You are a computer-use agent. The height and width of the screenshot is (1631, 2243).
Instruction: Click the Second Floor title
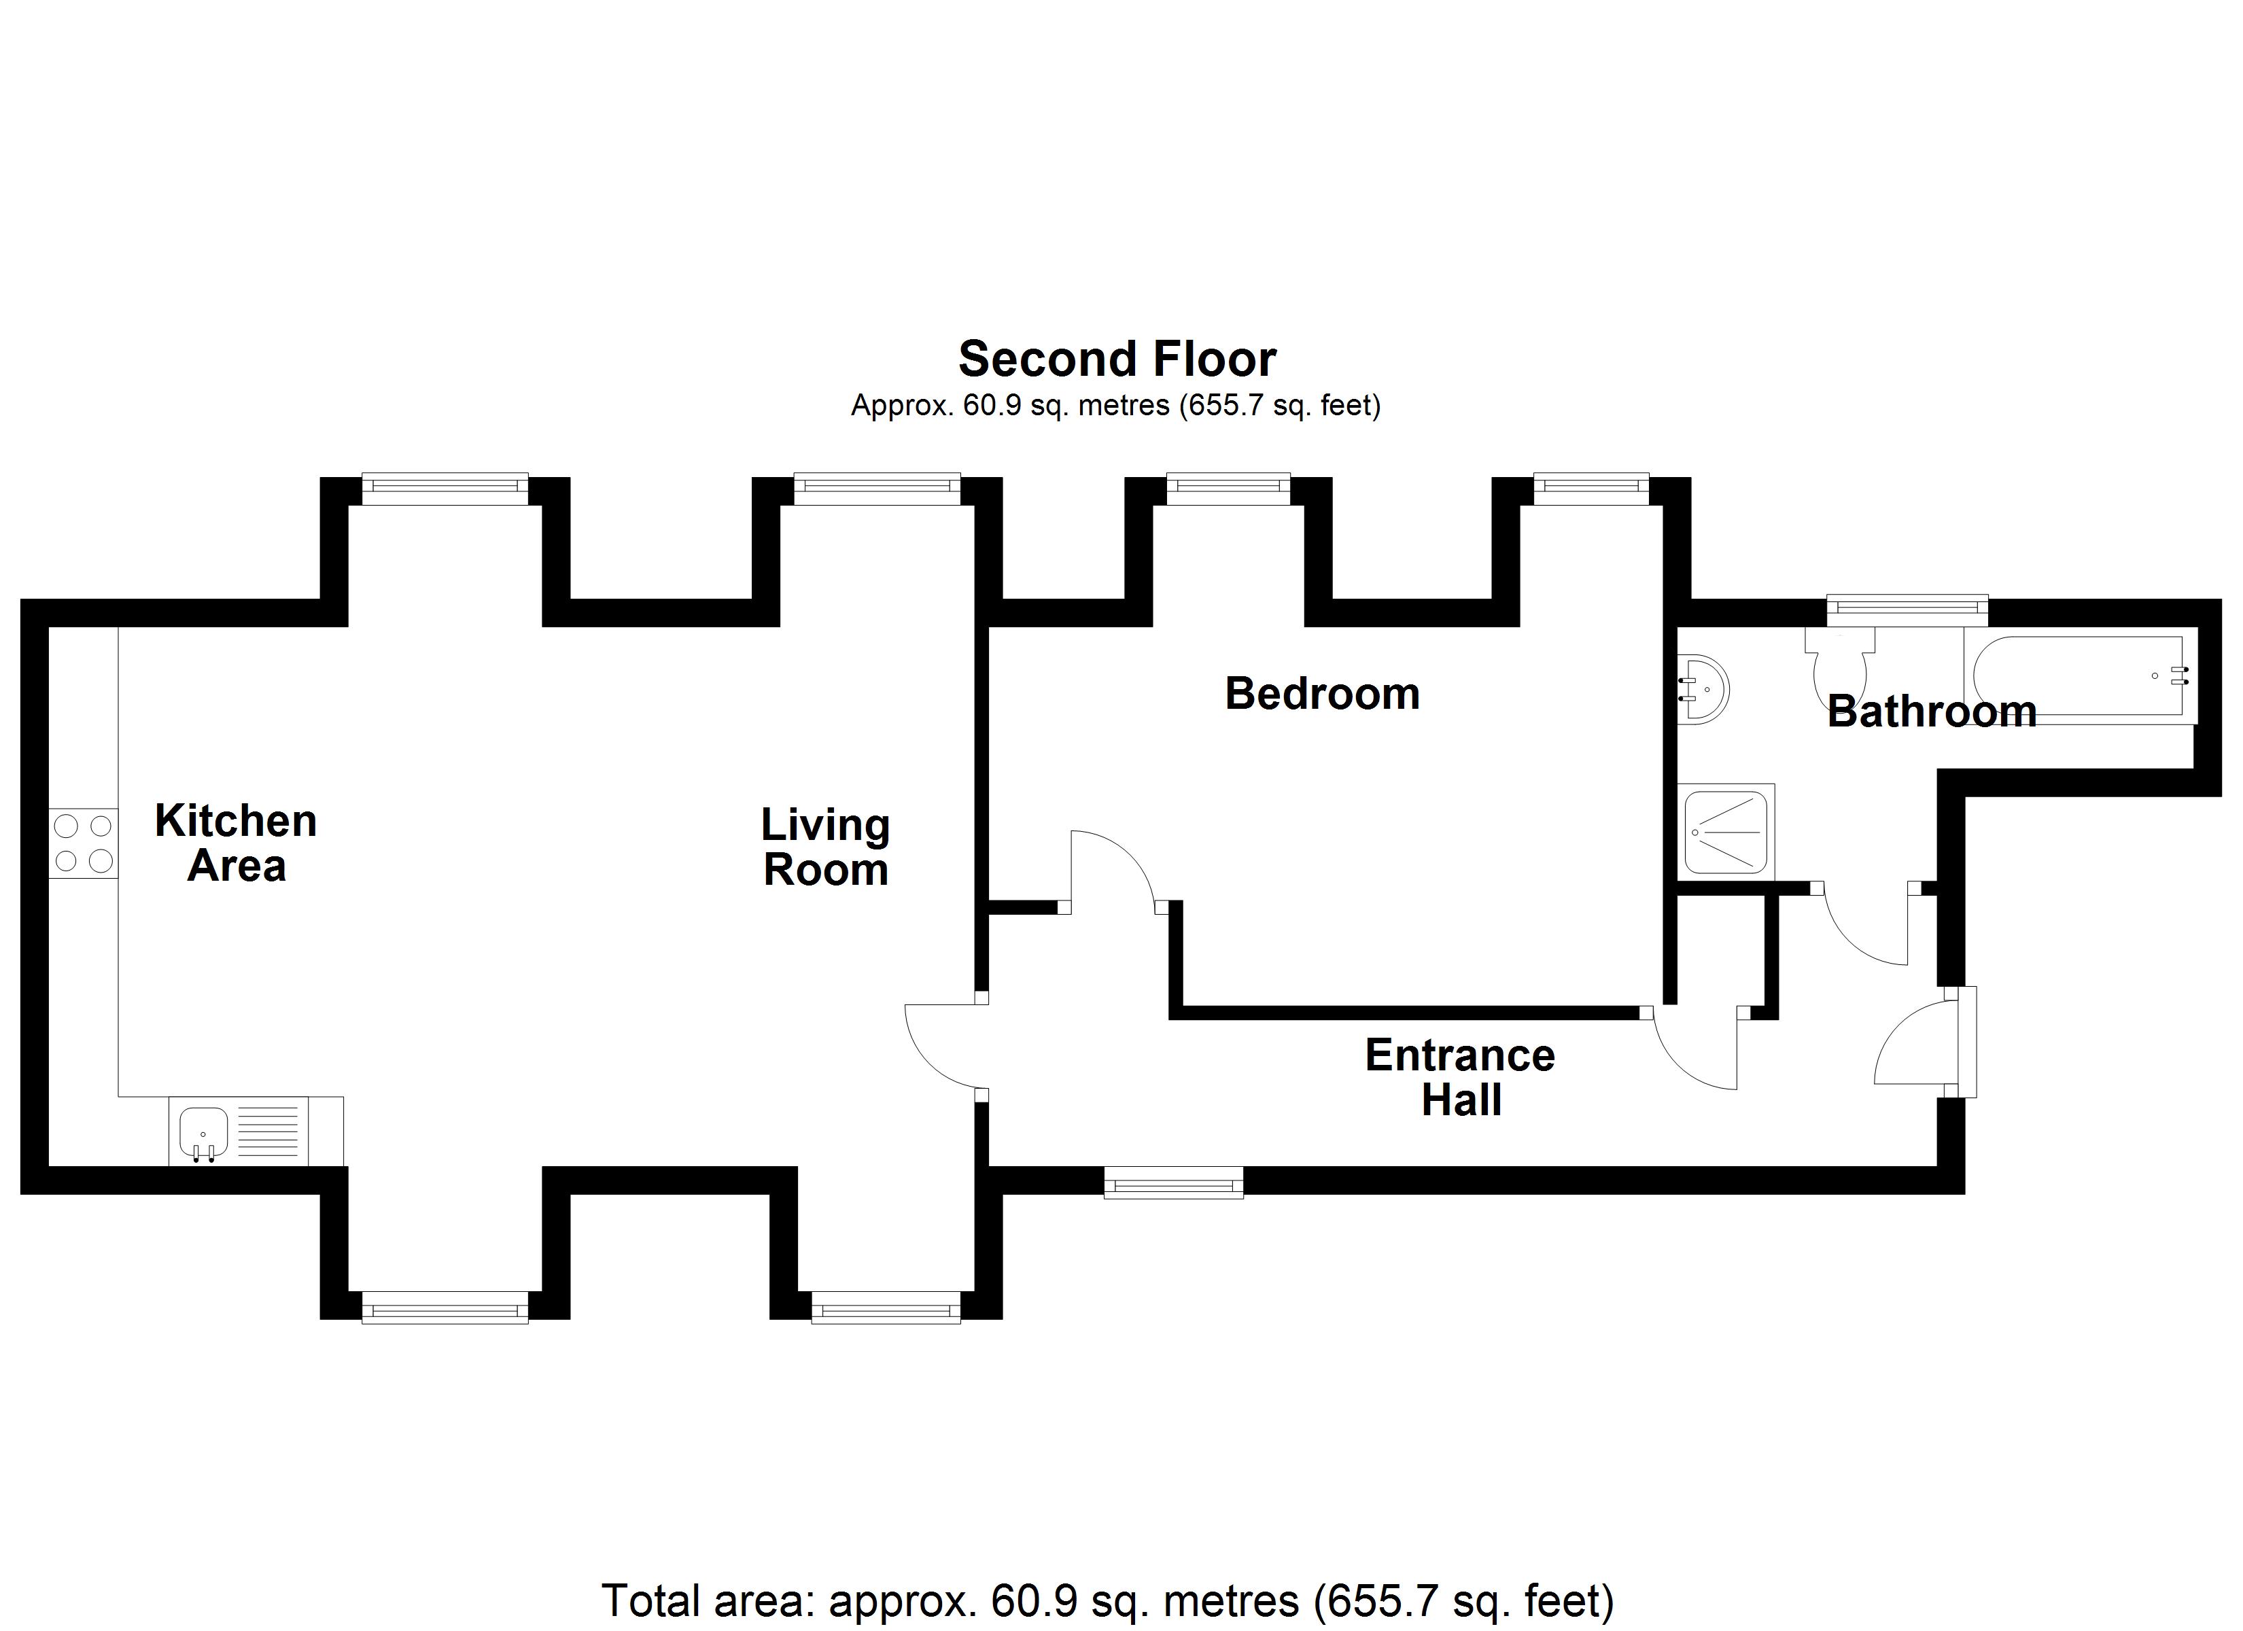click(x=1117, y=359)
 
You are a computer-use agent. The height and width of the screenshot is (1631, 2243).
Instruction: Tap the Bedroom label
click(x=1322, y=695)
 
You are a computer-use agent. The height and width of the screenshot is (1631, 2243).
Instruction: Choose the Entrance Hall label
click(x=1460, y=1078)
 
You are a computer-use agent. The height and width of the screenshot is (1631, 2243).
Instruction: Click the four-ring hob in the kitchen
click(x=83, y=843)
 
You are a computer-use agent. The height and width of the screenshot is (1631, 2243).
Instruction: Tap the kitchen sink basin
click(x=204, y=1132)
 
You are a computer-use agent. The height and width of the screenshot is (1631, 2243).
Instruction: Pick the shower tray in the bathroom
click(x=1726, y=831)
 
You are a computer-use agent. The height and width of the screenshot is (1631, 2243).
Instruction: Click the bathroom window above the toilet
click(x=1906, y=610)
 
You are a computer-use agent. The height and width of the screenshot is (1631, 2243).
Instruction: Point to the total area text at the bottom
click(x=1108, y=1600)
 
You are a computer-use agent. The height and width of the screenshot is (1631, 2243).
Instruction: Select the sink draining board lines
click(x=268, y=1132)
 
